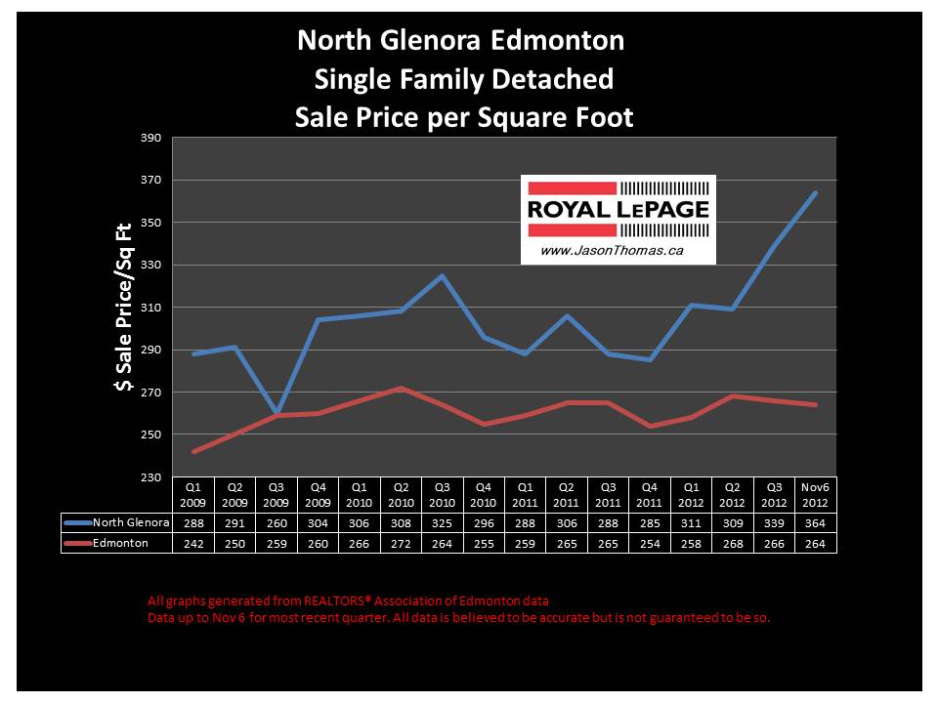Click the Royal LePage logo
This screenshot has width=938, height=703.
click(618, 210)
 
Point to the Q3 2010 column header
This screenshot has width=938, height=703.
click(442, 493)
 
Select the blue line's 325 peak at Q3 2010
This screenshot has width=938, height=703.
click(442, 275)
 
